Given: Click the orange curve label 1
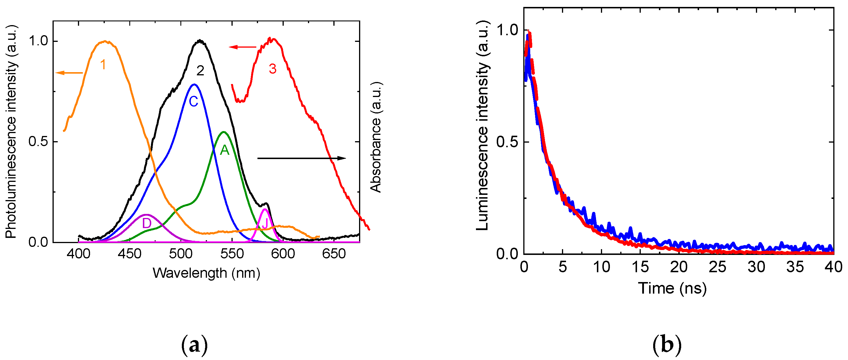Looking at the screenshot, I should (103, 65).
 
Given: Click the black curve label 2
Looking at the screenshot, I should (200, 70).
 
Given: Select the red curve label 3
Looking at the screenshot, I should (272, 68).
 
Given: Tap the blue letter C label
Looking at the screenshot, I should (194, 101).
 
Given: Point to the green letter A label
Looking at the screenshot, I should (225, 150).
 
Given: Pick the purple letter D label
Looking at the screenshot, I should (147, 223).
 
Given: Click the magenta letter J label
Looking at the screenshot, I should (265, 224).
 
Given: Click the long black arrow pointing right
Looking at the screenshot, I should (301, 158).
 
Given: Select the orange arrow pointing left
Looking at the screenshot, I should (69, 73).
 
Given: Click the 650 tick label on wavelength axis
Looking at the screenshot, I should (334, 253).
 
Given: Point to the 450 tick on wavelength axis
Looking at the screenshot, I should (129, 253).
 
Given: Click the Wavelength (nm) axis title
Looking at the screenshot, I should (206, 273).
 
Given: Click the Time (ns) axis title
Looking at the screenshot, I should (672, 288).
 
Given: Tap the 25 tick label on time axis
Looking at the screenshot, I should (717, 267).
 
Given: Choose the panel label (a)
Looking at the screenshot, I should (195, 345).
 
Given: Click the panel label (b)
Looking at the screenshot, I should (667, 345).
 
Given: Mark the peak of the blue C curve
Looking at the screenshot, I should (194, 84).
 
